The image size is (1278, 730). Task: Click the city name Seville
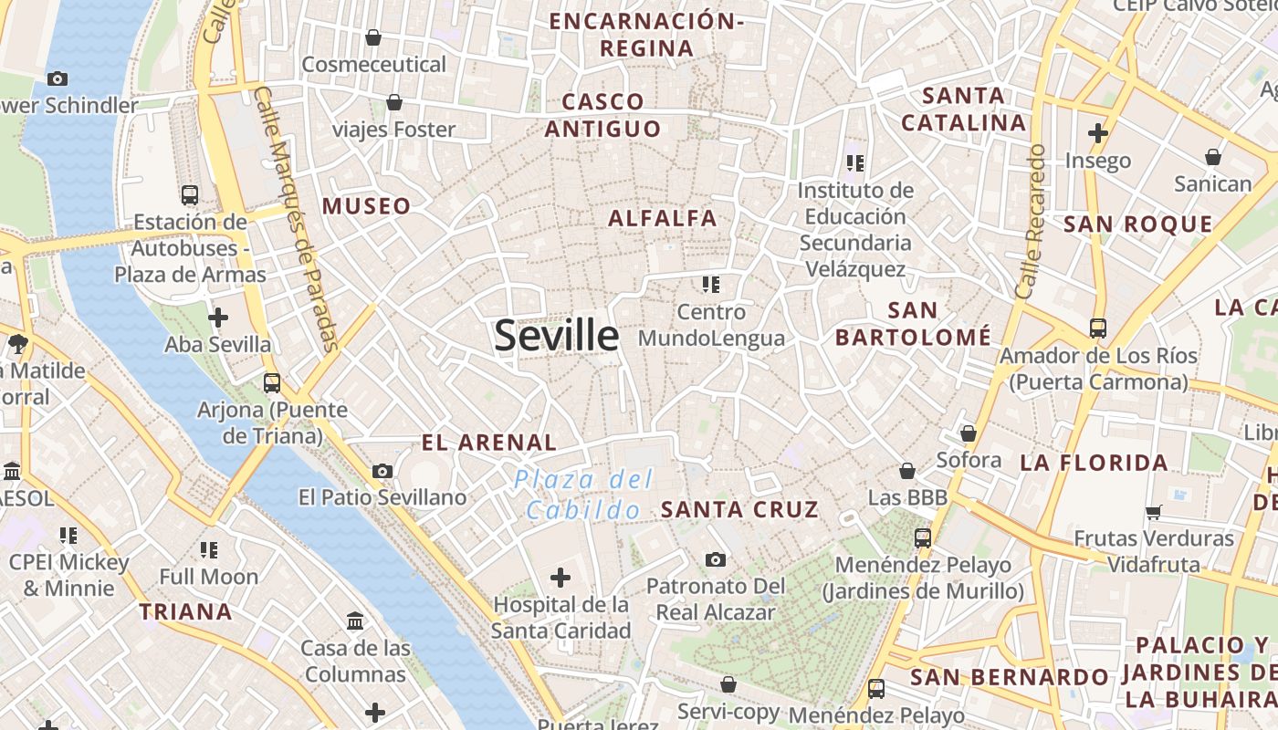pyautogui.click(x=556, y=336)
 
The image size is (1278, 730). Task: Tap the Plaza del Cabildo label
pyautogui.click(x=583, y=494)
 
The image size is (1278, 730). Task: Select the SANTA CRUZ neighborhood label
pyautogui.click(x=739, y=509)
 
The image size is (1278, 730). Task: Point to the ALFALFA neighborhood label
pyautogui.click(x=663, y=218)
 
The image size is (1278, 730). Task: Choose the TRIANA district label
pyautogui.click(x=185, y=611)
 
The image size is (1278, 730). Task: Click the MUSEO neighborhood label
pyautogui.click(x=366, y=206)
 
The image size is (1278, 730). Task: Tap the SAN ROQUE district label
pyautogui.click(x=1138, y=224)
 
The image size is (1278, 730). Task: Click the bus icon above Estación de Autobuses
pyautogui.click(x=190, y=195)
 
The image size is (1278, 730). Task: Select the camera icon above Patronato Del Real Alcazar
pyautogui.click(x=716, y=559)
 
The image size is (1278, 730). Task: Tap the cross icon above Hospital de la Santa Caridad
pyautogui.click(x=560, y=578)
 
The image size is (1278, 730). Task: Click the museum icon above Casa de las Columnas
pyautogui.click(x=355, y=622)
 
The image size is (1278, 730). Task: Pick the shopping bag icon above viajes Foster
pyautogui.click(x=394, y=102)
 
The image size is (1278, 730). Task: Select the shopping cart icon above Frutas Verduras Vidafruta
pyautogui.click(x=1154, y=512)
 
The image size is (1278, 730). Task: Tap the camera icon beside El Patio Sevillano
pyautogui.click(x=382, y=472)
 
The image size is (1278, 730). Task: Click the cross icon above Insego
pyautogui.click(x=1097, y=134)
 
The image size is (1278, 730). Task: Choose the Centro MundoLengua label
pyautogui.click(x=711, y=325)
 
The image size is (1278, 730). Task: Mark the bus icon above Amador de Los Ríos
pyautogui.click(x=1097, y=328)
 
